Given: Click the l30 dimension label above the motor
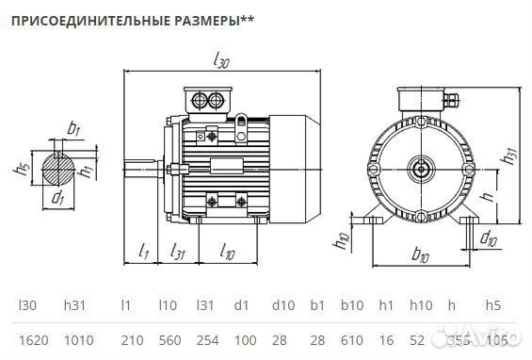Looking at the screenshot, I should coord(222,61).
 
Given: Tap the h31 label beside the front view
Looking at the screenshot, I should coord(509,158).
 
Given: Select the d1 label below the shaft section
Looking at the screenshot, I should coord(57,198).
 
